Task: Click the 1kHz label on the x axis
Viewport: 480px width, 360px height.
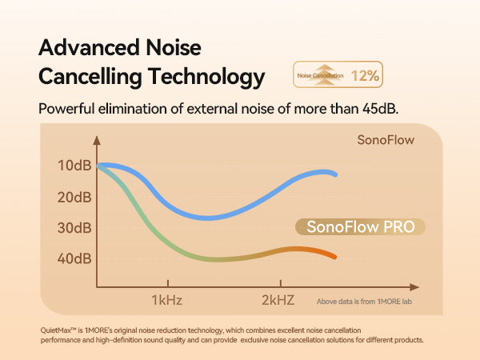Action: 167,301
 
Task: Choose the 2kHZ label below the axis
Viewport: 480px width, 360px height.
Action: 279,301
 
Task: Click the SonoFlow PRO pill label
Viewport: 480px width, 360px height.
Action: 361,227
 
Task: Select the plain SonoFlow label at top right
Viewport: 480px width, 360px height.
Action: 386,140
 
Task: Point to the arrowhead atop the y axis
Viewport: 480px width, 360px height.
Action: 97,139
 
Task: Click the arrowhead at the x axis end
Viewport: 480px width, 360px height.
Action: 414,286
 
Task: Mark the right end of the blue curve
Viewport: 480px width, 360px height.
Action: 334,174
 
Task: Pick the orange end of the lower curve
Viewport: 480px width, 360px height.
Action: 334,256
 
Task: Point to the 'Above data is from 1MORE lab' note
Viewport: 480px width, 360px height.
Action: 367,302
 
